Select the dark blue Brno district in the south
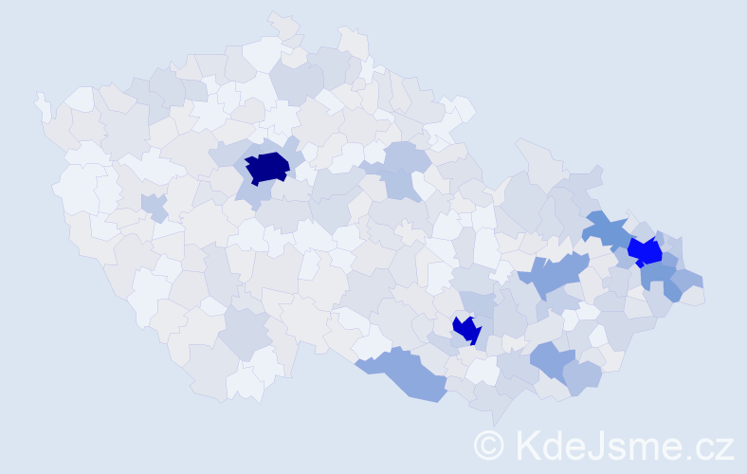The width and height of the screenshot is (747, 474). (466, 329)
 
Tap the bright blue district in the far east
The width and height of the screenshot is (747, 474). (645, 251)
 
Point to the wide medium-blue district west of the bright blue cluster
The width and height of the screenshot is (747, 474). (554, 276)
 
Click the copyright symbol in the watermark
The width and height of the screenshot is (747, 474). (489, 444)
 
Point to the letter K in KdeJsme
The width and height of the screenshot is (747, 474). (530, 444)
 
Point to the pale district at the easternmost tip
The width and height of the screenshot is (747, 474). (692, 297)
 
